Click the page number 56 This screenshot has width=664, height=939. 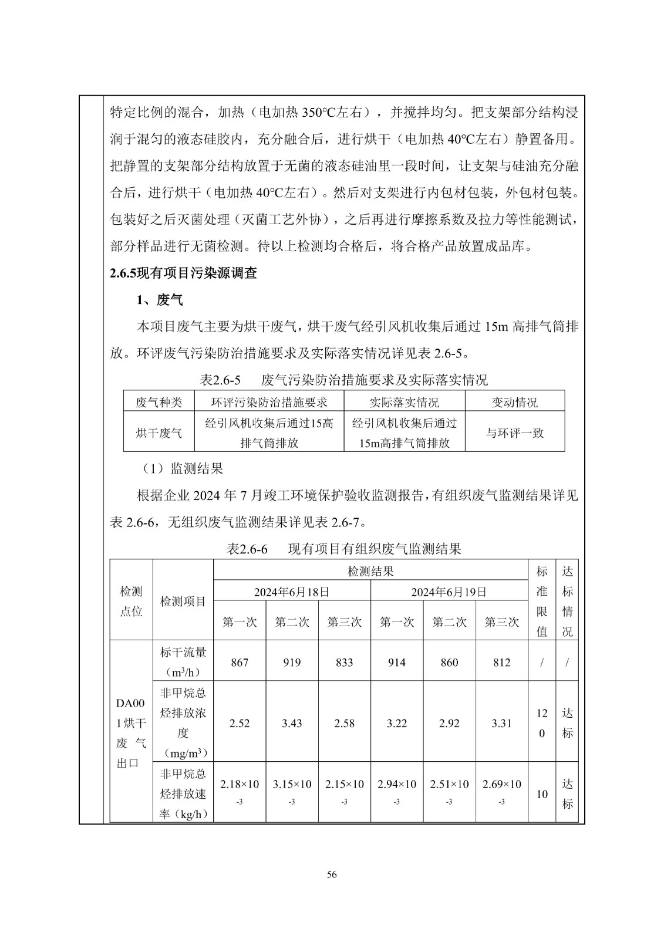click(x=332, y=875)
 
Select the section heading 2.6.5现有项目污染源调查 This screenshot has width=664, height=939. click(x=183, y=273)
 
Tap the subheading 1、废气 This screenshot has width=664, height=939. click(x=160, y=300)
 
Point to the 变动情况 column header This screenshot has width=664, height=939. click(x=514, y=402)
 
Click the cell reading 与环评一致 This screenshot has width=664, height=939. click(x=514, y=433)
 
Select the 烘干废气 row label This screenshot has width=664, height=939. click(x=159, y=433)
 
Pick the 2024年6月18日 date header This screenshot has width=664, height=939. click(x=292, y=592)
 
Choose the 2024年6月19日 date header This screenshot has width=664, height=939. click(x=449, y=592)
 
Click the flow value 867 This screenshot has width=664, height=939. click(x=240, y=663)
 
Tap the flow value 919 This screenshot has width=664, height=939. click(x=292, y=663)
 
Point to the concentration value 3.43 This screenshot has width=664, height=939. click(x=292, y=724)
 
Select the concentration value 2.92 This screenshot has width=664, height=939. click(x=449, y=724)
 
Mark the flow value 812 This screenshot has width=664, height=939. click(x=502, y=663)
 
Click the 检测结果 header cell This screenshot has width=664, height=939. click(x=370, y=571)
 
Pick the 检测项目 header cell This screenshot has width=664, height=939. click(x=183, y=601)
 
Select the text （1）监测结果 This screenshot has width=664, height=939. click(x=181, y=468)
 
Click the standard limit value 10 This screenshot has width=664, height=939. click(x=542, y=794)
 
